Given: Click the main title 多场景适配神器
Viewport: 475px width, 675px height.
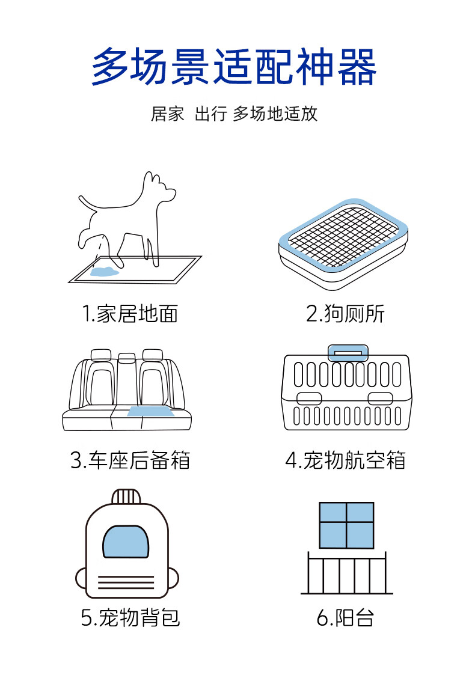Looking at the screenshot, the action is pyautogui.click(x=234, y=68).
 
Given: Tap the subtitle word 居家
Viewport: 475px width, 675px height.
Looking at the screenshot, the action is pyautogui.click(x=167, y=114).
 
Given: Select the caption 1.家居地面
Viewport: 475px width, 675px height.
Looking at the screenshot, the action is pyautogui.click(x=130, y=313).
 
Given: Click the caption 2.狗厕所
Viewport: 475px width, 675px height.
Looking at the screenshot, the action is pyautogui.click(x=345, y=313).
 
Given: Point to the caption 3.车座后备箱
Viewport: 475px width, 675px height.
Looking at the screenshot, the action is pyautogui.click(x=130, y=460).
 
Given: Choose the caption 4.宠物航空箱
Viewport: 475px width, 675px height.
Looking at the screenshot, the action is pyautogui.click(x=345, y=460).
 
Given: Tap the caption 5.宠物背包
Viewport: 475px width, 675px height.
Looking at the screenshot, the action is pyautogui.click(x=130, y=617).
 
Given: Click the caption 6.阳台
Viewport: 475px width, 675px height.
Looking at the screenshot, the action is pyautogui.click(x=345, y=617).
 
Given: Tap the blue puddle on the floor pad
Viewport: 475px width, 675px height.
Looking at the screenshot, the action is pyautogui.click(x=103, y=272).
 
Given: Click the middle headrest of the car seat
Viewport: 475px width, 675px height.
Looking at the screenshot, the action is pyautogui.click(x=127, y=358).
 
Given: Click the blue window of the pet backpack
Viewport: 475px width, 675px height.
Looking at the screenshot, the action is pyautogui.click(x=126, y=541).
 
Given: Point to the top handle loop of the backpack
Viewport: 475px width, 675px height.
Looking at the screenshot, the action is pyautogui.click(x=126, y=496).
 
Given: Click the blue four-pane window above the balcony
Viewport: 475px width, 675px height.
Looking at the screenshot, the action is pyautogui.click(x=346, y=525).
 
